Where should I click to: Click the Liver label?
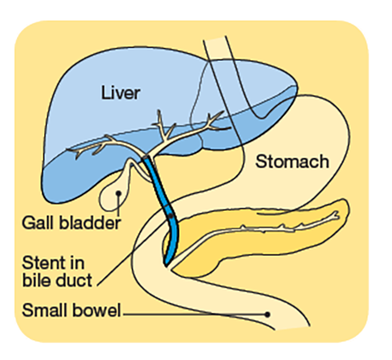click(121, 93)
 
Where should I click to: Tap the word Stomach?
click(292, 161)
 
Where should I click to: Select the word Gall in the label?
click(38, 223)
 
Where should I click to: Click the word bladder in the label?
click(90, 223)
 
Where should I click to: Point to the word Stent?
click(44, 263)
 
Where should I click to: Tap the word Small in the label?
click(45, 310)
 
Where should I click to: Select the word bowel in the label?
click(96, 310)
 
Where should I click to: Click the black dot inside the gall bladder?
click(118, 193)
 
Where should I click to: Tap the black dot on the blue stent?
click(170, 217)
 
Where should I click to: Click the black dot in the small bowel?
click(267, 315)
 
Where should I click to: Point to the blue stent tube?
click(163, 199)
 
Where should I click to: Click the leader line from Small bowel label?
click(194, 315)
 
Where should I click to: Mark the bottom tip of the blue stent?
click(166, 266)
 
